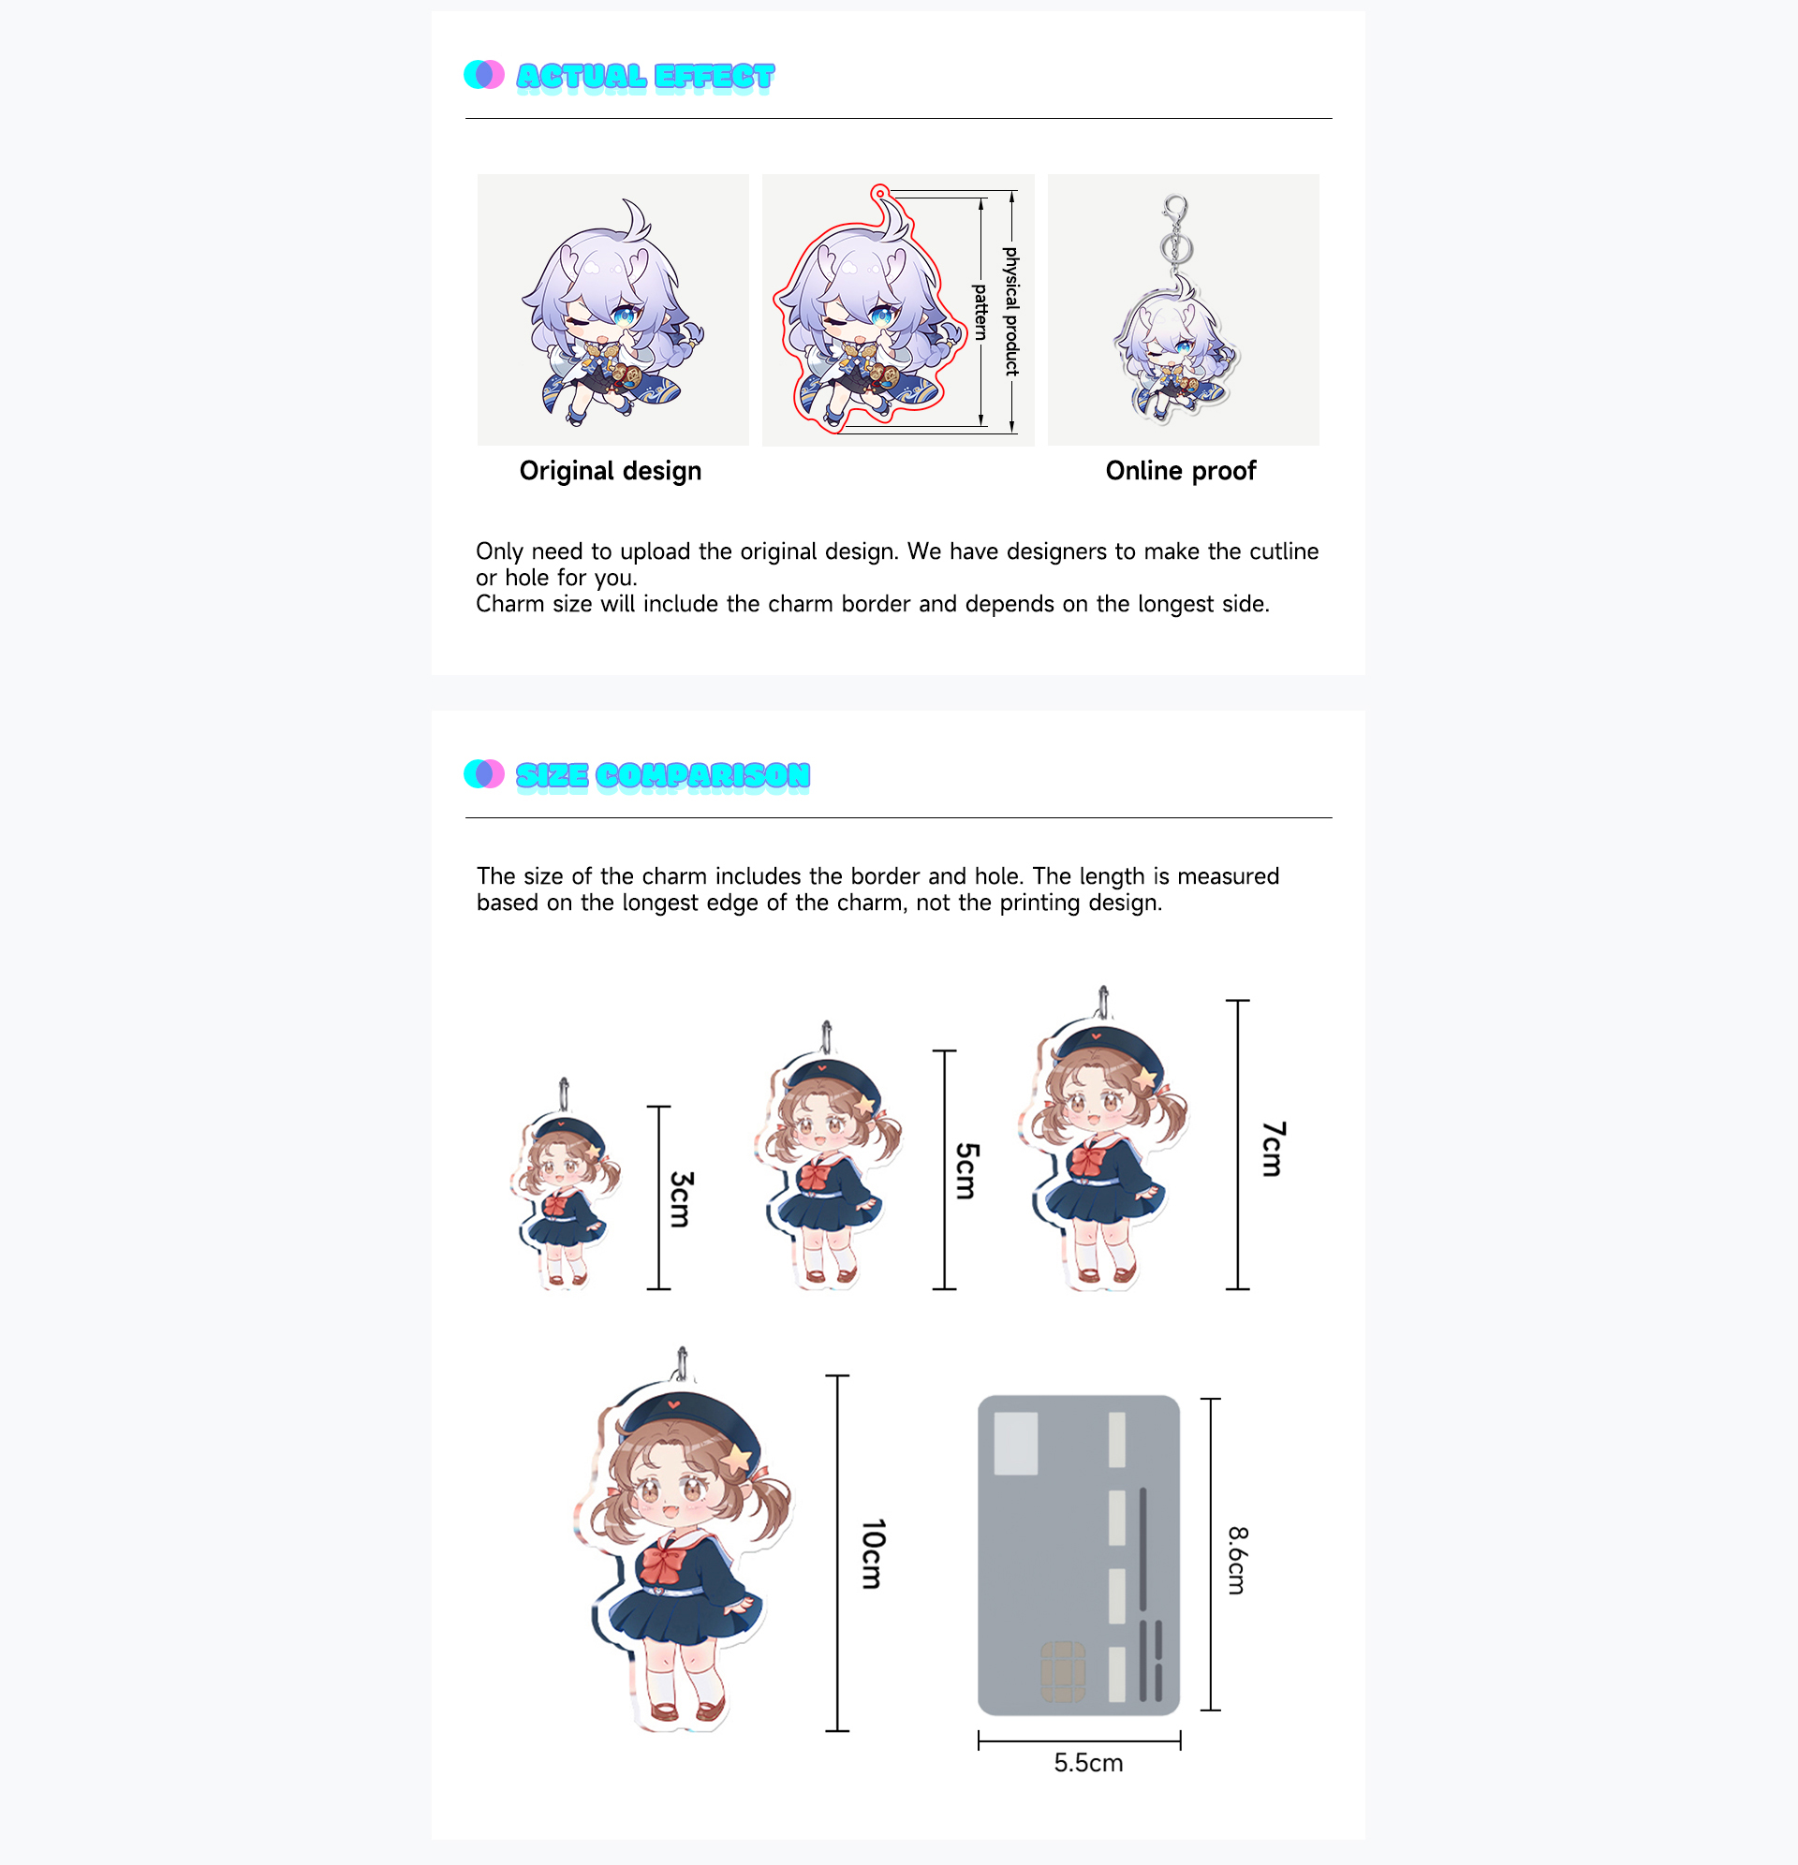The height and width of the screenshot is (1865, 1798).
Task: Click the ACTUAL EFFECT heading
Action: (x=645, y=76)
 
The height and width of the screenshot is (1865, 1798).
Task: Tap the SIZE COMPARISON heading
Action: (x=662, y=775)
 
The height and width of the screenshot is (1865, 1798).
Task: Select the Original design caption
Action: (x=611, y=471)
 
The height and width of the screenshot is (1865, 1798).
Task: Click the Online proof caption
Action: (x=1180, y=471)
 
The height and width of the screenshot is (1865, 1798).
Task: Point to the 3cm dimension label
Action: (x=681, y=1199)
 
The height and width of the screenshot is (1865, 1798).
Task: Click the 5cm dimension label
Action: (x=966, y=1170)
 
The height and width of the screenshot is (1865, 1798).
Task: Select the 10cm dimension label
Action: (x=873, y=1554)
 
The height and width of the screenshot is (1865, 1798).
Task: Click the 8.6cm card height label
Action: (x=1236, y=1561)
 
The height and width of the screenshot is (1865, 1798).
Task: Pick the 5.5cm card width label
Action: (x=1088, y=1763)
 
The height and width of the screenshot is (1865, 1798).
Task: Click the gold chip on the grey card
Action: (x=1062, y=1670)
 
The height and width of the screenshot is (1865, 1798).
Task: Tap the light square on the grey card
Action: (x=1016, y=1444)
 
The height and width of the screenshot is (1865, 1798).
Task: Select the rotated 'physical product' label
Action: (x=1010, y=311)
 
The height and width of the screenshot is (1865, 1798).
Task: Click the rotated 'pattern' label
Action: (x=980, y=311)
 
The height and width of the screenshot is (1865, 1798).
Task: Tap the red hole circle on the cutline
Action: (x=880, y=193)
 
